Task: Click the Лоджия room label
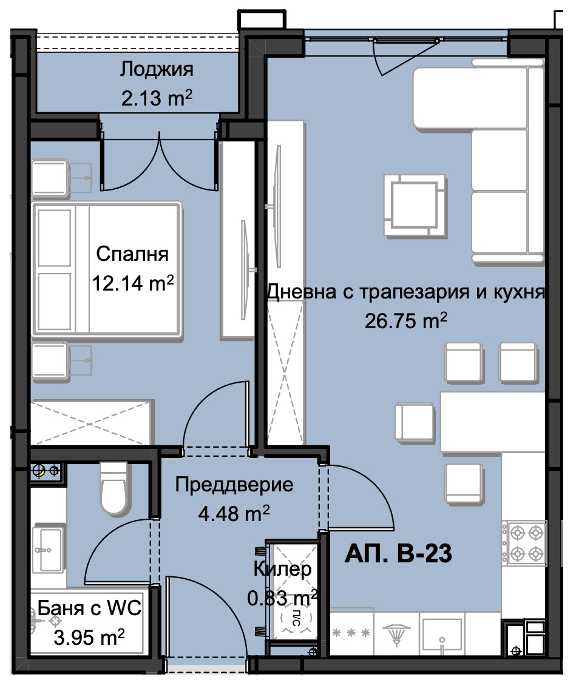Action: coord(157,69)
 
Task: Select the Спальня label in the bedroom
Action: coord(132,254)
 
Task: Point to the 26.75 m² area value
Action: coord(406,320)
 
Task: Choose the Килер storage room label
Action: coord(282,569)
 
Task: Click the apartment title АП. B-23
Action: coord(399,554)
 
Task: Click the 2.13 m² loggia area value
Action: coord(157,98)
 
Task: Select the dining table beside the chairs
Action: coord(492,422)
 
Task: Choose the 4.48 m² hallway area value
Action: coord(234,514)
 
